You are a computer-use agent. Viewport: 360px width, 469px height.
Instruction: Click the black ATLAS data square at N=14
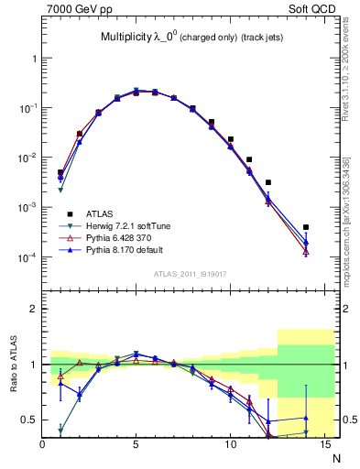point(306,227)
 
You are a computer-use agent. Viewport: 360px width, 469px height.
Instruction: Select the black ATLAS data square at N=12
point(268,182)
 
